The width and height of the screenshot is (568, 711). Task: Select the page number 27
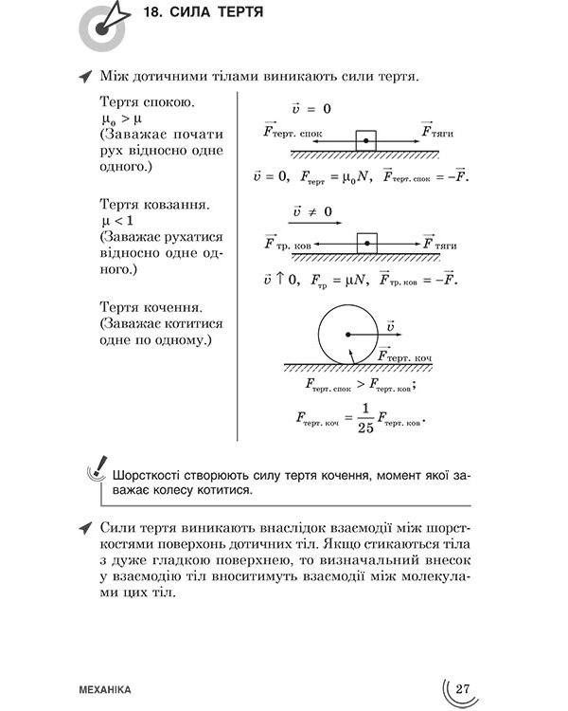pos(462,688)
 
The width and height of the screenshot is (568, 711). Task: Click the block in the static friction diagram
pos(364,139)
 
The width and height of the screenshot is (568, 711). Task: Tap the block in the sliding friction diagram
pos(366,244)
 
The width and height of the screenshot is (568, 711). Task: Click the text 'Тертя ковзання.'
pos(154,204)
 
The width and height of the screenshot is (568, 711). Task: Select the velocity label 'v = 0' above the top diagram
pos(311,108)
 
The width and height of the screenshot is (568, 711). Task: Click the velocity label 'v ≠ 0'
pos(311,211)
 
